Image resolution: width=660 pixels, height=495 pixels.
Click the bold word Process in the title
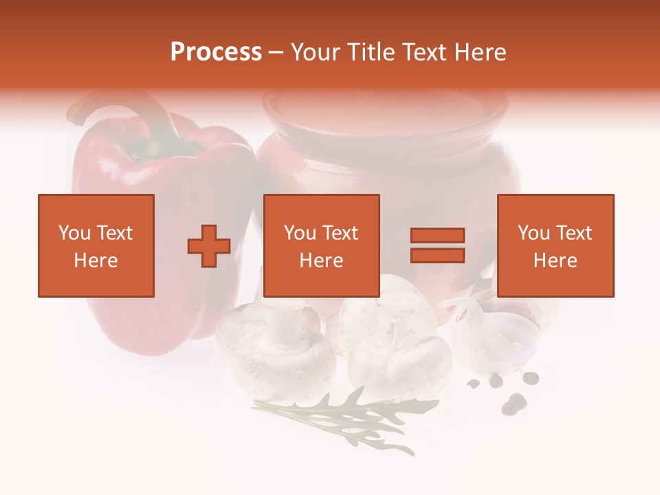point(216,52)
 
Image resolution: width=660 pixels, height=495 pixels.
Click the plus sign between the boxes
point(209,246)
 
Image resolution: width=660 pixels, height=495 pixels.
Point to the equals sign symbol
point(437,245)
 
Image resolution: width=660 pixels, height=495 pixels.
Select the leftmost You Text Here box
point(96,245)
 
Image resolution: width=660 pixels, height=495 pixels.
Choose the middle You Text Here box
point(321,245)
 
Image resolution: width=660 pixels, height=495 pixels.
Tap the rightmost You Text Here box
point(555,245)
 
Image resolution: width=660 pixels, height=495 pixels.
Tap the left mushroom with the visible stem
point(275,344)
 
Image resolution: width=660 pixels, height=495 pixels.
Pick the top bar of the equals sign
point(437,236)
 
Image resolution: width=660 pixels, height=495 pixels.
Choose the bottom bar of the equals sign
point(437,255)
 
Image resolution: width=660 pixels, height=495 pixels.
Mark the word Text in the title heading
point(422,52)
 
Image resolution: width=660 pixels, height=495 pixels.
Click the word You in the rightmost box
point(533,233)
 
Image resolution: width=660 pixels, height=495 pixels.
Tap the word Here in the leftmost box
point(96,261)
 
